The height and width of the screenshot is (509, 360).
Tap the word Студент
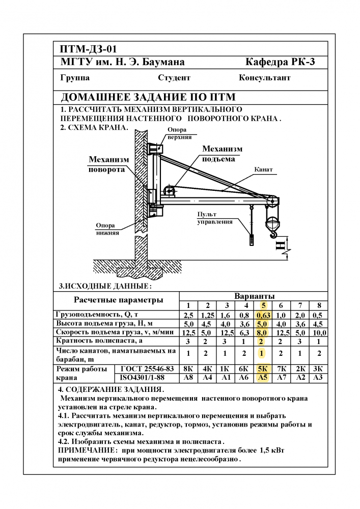point(174,78)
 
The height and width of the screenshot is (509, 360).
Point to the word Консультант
point(264,78)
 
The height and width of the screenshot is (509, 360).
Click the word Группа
point(75,78)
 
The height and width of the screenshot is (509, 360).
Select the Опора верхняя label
point(180,133)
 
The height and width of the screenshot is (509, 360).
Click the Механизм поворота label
point(108,164)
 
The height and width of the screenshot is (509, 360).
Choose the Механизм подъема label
point(222,153)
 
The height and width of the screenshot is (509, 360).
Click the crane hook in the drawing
point(274,233)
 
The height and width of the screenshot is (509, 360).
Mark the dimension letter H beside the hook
point(281,246)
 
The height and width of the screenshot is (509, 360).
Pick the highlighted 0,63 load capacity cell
point(263,315)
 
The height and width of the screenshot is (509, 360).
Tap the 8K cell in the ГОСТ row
point(188,369)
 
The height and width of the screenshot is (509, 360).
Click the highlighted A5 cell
point(263,378)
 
